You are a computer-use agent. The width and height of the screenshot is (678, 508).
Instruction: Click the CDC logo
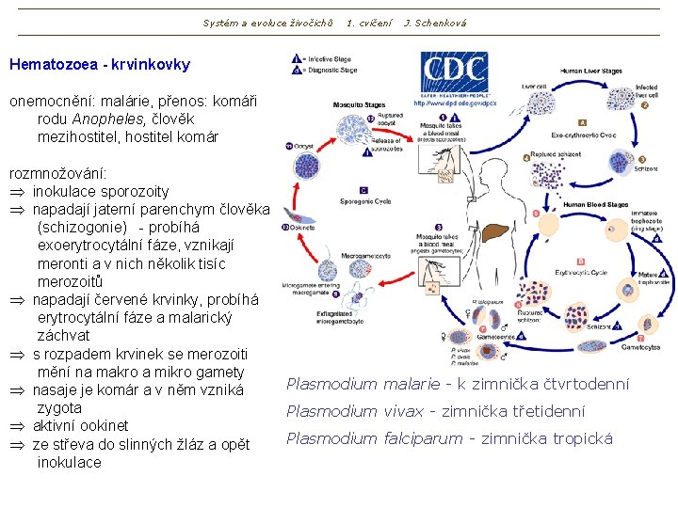tap(453, 74)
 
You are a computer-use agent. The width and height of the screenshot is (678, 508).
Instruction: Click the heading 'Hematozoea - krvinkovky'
tap(99, 65)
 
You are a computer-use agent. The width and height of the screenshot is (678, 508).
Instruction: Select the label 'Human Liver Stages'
tap(590, 71)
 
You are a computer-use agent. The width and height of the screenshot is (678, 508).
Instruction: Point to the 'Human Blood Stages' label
tap(594, 204)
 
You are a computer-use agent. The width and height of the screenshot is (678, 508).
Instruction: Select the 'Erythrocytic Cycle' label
tap(581, 273)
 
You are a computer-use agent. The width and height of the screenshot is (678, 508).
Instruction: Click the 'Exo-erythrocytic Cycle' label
tap(584, 135)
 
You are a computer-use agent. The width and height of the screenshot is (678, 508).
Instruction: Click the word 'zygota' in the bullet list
tap(59, 408)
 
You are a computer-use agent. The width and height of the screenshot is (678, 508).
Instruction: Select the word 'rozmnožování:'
tap(57, 174)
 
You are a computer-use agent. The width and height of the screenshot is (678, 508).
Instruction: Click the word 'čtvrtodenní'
tap(582, 384)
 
